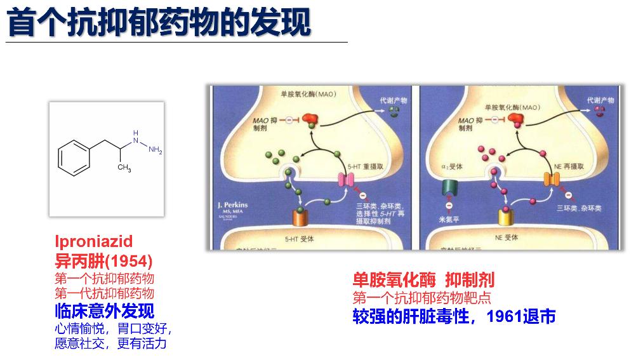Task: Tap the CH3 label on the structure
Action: (124, 168)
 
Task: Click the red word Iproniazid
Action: (93, 241)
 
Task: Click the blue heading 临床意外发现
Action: (104, 311)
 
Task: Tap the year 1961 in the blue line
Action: (504, 316)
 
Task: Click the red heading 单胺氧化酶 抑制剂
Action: (423, 279)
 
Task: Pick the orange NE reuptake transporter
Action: (552, 179)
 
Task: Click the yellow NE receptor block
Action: (506, 217)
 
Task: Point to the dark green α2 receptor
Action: (449, 189)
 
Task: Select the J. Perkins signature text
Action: (232, 205)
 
